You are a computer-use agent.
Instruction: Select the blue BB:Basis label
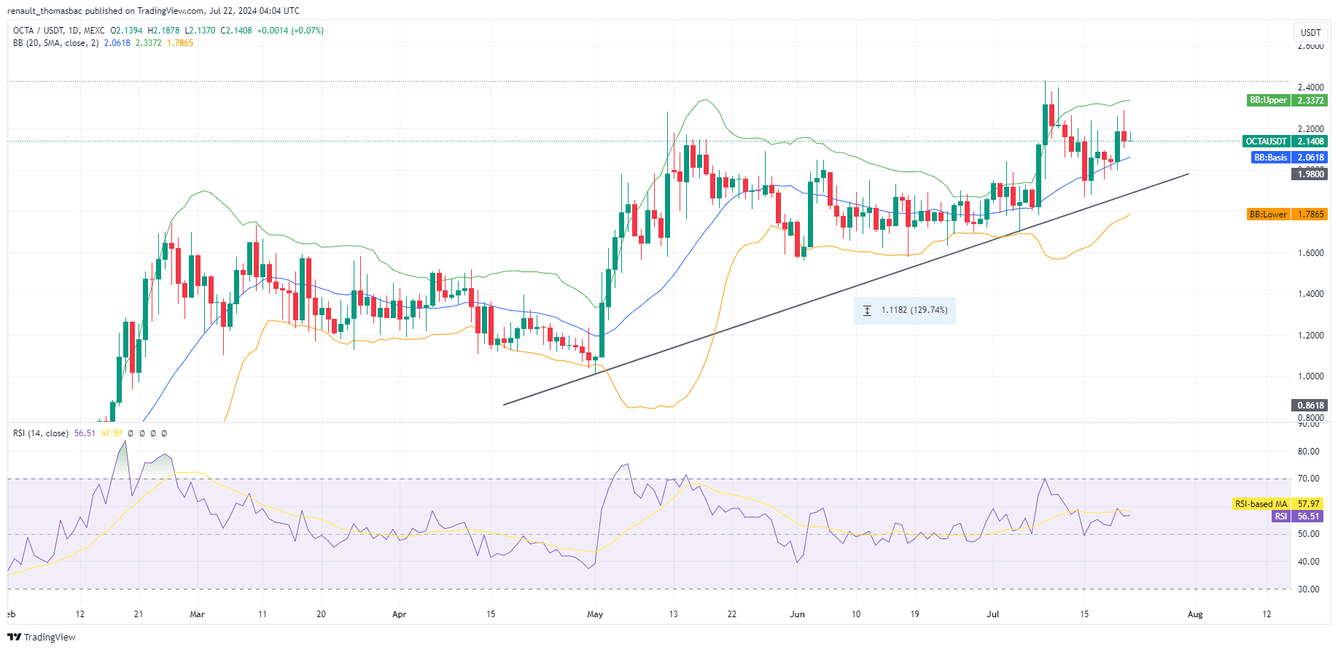(1269, 158)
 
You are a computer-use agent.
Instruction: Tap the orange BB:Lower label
(1268, 214)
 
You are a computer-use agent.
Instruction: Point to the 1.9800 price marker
(1310, 174)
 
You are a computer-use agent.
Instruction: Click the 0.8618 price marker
(1310, 406)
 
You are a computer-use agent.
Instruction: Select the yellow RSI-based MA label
(1261, 504)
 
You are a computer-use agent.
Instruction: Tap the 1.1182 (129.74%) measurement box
(905, 311)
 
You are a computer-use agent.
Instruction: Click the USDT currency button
(1310, 32)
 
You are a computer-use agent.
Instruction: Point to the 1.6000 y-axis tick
(1310, 253)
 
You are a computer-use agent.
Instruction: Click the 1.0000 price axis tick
(1310, 376)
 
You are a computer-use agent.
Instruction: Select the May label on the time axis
(595, 614)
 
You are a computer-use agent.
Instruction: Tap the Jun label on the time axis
(797, 614)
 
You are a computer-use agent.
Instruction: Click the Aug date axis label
(1195, 614)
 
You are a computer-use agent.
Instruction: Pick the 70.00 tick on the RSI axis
(1308, 479)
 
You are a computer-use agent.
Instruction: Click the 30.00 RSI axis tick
(1308, 589)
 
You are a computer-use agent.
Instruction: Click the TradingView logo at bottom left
(42, 637)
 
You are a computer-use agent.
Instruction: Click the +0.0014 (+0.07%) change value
(290, 31)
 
